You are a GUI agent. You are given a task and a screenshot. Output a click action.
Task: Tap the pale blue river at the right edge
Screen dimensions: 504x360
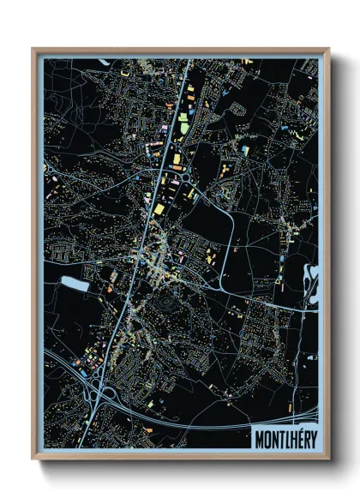point(312,283)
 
